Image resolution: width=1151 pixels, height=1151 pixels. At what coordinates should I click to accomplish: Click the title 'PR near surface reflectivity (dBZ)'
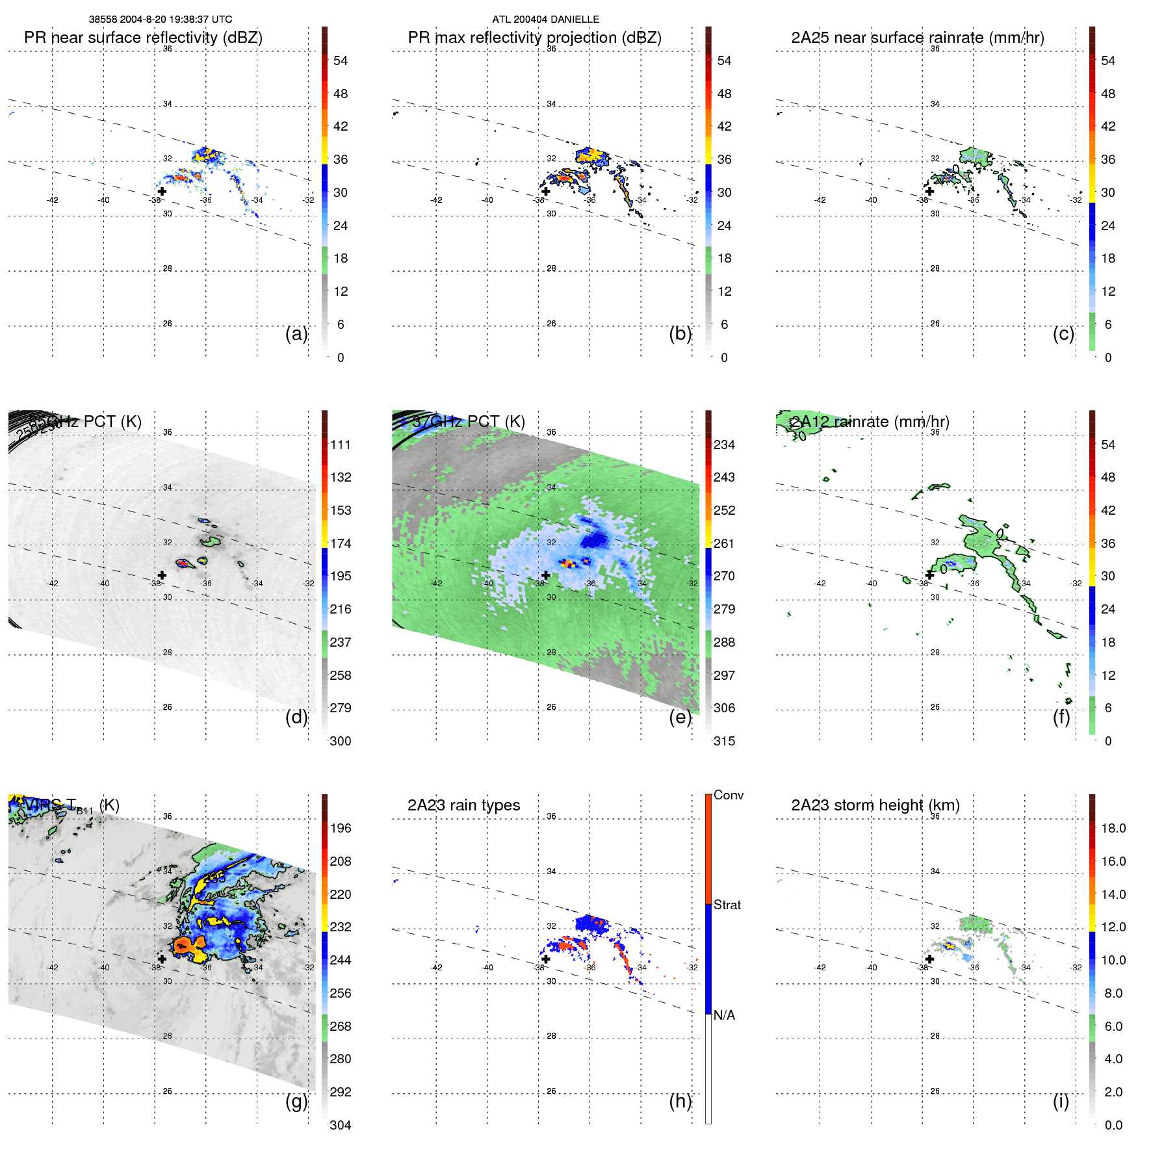pos(143,38)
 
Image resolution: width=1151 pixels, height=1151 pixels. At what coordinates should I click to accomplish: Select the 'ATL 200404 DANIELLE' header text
pos(545,19)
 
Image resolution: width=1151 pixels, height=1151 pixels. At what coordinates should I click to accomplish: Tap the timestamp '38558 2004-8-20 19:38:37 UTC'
pos(161,19)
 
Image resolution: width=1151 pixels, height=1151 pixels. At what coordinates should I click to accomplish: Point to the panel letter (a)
pos(296,333)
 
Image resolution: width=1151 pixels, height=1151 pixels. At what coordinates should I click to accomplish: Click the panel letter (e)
pos(680,717)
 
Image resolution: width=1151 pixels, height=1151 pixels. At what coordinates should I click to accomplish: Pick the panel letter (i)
pos(1061,1101)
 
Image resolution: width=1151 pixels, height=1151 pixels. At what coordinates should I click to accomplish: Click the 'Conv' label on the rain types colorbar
pos(728,795)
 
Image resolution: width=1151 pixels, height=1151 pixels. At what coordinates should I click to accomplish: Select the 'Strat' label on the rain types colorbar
pos(727,905)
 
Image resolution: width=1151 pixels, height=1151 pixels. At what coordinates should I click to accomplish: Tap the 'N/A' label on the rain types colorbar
pos(724,1015)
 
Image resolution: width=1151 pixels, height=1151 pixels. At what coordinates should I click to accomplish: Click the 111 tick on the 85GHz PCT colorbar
pos(340,445)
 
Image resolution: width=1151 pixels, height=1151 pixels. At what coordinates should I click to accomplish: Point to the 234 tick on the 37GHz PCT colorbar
pos(724,445)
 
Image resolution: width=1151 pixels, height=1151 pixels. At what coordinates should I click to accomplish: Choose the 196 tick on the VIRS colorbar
pos(340,829)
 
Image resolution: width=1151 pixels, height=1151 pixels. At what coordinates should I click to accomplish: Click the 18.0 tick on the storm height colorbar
pos(1113,829)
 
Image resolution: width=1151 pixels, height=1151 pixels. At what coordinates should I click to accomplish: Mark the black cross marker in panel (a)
pos(162,192)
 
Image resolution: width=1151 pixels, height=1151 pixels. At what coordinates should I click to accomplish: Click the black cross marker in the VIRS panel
pos(162,959)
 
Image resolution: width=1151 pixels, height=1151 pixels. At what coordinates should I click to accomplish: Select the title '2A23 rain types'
pos(463,805)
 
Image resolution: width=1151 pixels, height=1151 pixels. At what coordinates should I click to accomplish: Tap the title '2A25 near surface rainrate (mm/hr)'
pos(917,38)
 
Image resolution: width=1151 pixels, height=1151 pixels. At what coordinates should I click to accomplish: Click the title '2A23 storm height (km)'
pos(875,805)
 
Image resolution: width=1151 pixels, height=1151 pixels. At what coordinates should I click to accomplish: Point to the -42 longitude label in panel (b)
pos(436,200)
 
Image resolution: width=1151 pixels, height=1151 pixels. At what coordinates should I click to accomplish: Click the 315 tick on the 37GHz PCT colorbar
pos(724,742)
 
